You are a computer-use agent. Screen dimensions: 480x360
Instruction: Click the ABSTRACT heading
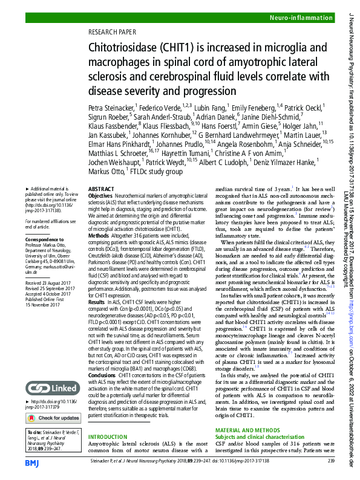tap(101, 189)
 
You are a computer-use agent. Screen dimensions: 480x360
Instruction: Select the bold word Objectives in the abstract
tap(100, 196)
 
